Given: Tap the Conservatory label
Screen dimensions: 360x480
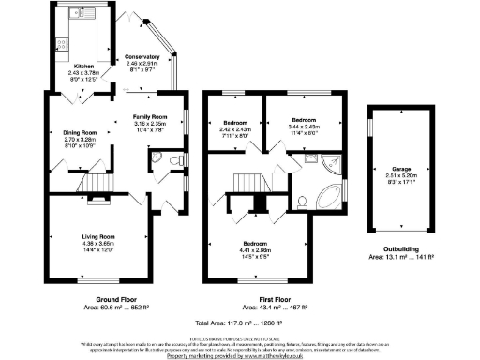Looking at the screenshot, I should (142, 57).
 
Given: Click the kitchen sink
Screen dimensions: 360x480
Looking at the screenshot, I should (74, 18).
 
